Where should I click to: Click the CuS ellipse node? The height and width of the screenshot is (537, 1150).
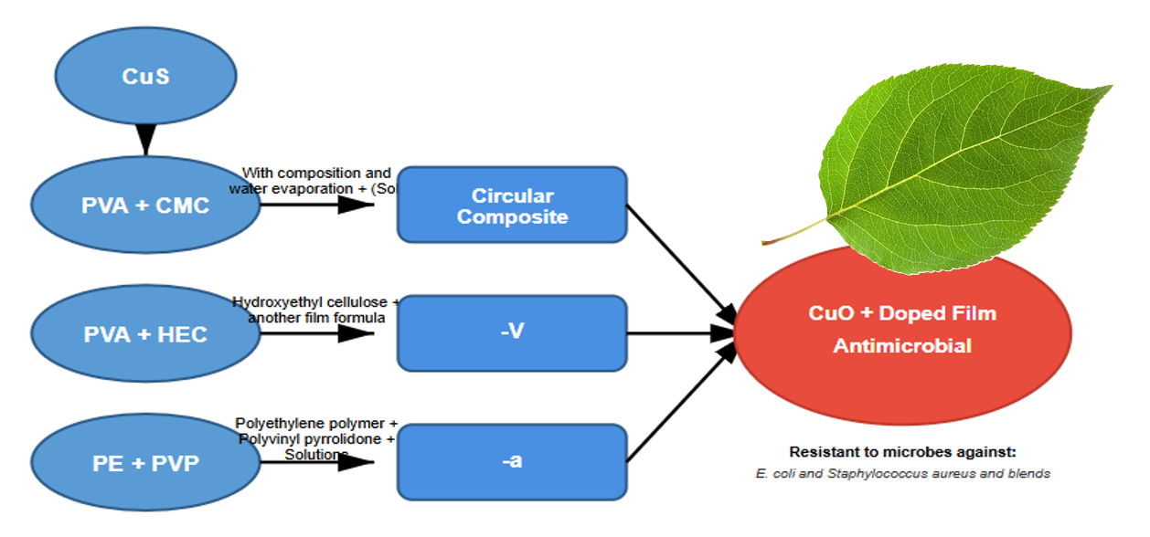click(x=146, y=76)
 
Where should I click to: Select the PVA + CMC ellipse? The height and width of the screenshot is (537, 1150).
click(x=145, y=205)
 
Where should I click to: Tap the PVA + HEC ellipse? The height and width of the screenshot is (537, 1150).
click(x=145, y=334)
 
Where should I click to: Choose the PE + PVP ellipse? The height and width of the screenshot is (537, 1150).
click(x=145, y=463)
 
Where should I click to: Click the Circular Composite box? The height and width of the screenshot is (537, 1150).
click(x=512, y=205)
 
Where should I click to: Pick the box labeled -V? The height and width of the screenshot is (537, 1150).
click(x=512, y=332)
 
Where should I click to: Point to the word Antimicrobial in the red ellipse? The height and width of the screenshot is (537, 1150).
click(x=901, y=346)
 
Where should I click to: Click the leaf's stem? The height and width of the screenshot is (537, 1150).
click(x=795, y=233)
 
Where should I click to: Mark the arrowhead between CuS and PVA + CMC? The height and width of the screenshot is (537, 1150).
click(x=145, y=139)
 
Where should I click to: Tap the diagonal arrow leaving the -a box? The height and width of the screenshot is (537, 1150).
click(x=681, y=405)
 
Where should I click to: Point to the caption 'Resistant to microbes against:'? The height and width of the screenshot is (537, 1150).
click(x=902, y=452)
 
